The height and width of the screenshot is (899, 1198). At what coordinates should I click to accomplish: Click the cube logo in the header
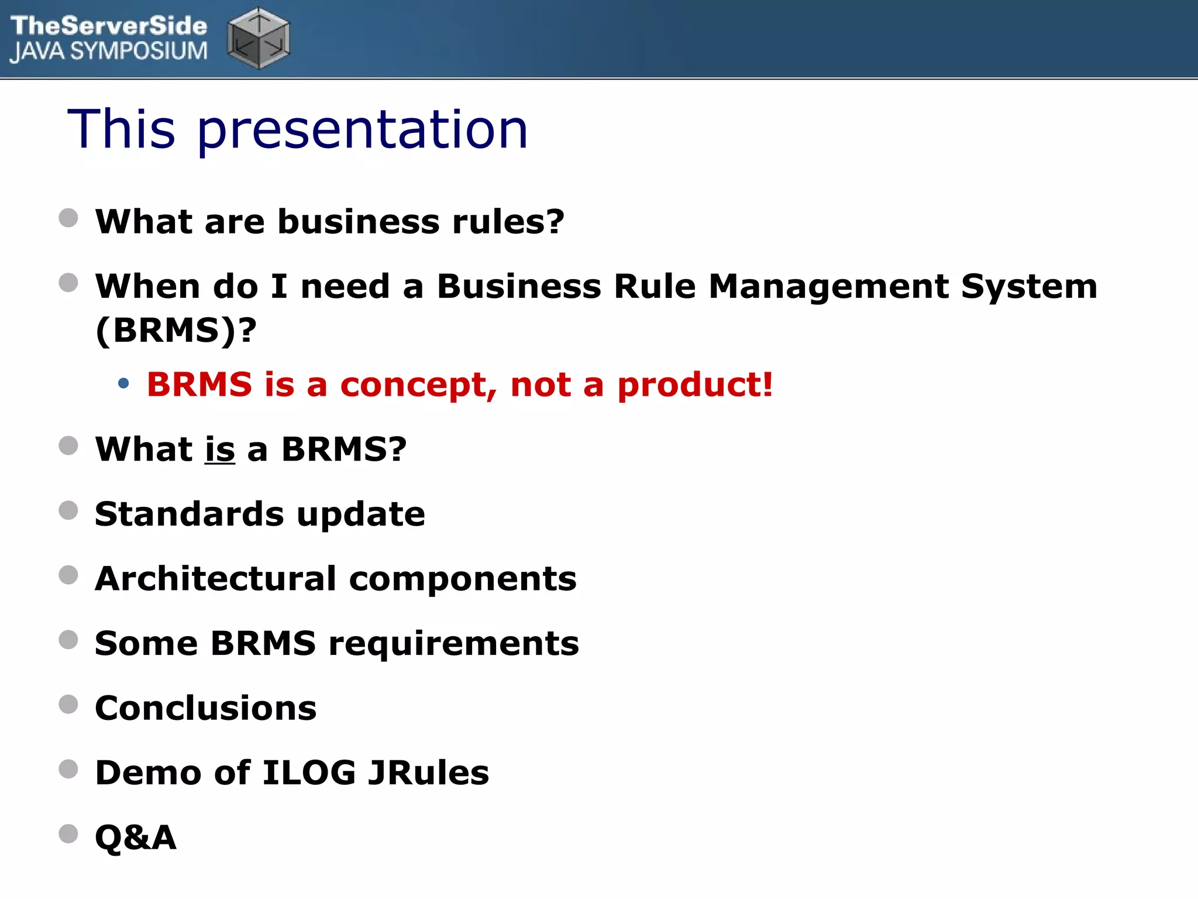[259, 38]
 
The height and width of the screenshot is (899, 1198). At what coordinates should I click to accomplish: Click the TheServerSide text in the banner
[109, 26]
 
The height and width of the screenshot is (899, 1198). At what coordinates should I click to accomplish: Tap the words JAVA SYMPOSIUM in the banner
[109, 52]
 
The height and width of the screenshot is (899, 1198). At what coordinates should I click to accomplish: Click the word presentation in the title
[363, 130]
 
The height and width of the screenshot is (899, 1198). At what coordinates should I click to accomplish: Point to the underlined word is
[220, 449]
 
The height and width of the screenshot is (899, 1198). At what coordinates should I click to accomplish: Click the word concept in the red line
[418, 385]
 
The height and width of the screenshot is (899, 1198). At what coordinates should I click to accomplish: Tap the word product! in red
[695, 385]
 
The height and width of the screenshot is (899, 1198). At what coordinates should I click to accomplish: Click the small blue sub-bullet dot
[123, 384]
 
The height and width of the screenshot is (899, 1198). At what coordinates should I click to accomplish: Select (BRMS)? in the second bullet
[176, 330]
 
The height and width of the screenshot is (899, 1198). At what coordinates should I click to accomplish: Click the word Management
[829, 287]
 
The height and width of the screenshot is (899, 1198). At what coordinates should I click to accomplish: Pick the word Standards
[189, 514]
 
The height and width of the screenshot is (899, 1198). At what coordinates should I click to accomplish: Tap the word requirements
[453, 643]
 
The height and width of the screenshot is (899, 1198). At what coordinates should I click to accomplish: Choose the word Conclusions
[206, 708]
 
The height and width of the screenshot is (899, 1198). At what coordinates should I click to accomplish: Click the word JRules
[428, 773]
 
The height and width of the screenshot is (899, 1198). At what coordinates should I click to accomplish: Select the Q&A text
[136, 838]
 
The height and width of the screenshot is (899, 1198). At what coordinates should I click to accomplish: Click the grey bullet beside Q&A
[68, 833]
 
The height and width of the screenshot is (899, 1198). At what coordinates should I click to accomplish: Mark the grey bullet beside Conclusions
[68, 704]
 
